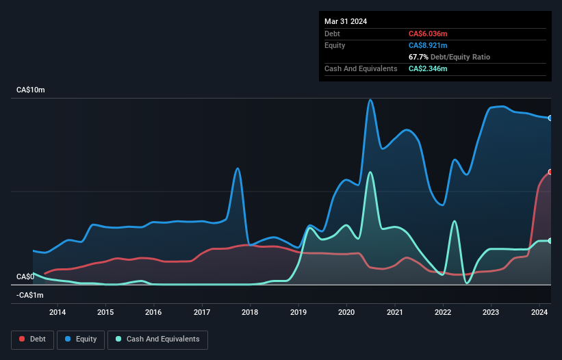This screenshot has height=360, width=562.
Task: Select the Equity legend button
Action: click(x=81, y=339)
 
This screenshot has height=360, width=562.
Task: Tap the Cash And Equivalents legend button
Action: click(x=157, y=339)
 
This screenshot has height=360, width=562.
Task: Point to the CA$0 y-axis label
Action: click(x=25, y=277)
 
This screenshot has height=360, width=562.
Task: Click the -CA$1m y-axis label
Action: click(x=28, y=295)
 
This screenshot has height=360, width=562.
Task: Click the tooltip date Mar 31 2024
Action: click(x=346, y=21)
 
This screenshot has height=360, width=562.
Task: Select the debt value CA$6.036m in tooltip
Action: click(x=428, y=34)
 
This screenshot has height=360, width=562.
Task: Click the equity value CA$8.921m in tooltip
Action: click(x=428, y=45)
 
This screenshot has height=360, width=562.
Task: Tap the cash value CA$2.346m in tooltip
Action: click(x=428, y=68)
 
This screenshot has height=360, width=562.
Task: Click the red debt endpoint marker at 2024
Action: click(x=550, y=172)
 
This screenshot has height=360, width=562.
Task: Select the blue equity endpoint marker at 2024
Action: click(x=550, y=118)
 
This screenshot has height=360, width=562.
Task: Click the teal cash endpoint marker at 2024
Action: click(x=550, y=240)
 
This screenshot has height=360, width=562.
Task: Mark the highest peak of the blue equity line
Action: click(x=370, y=100)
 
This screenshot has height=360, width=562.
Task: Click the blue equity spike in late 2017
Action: click(x=238, y=168)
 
